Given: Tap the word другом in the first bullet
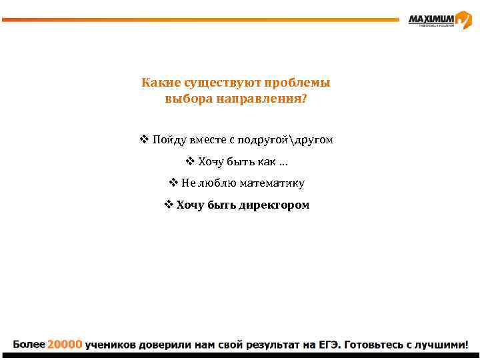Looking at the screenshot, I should (313, 140).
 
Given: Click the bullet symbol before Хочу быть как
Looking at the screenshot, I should (189, 161).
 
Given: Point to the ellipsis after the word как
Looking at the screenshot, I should (284, 163).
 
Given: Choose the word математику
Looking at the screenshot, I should (275, 183).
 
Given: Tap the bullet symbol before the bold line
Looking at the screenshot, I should (169, 205).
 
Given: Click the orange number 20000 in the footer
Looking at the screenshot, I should (64, 345).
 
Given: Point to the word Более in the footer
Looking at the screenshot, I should (29, 345).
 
